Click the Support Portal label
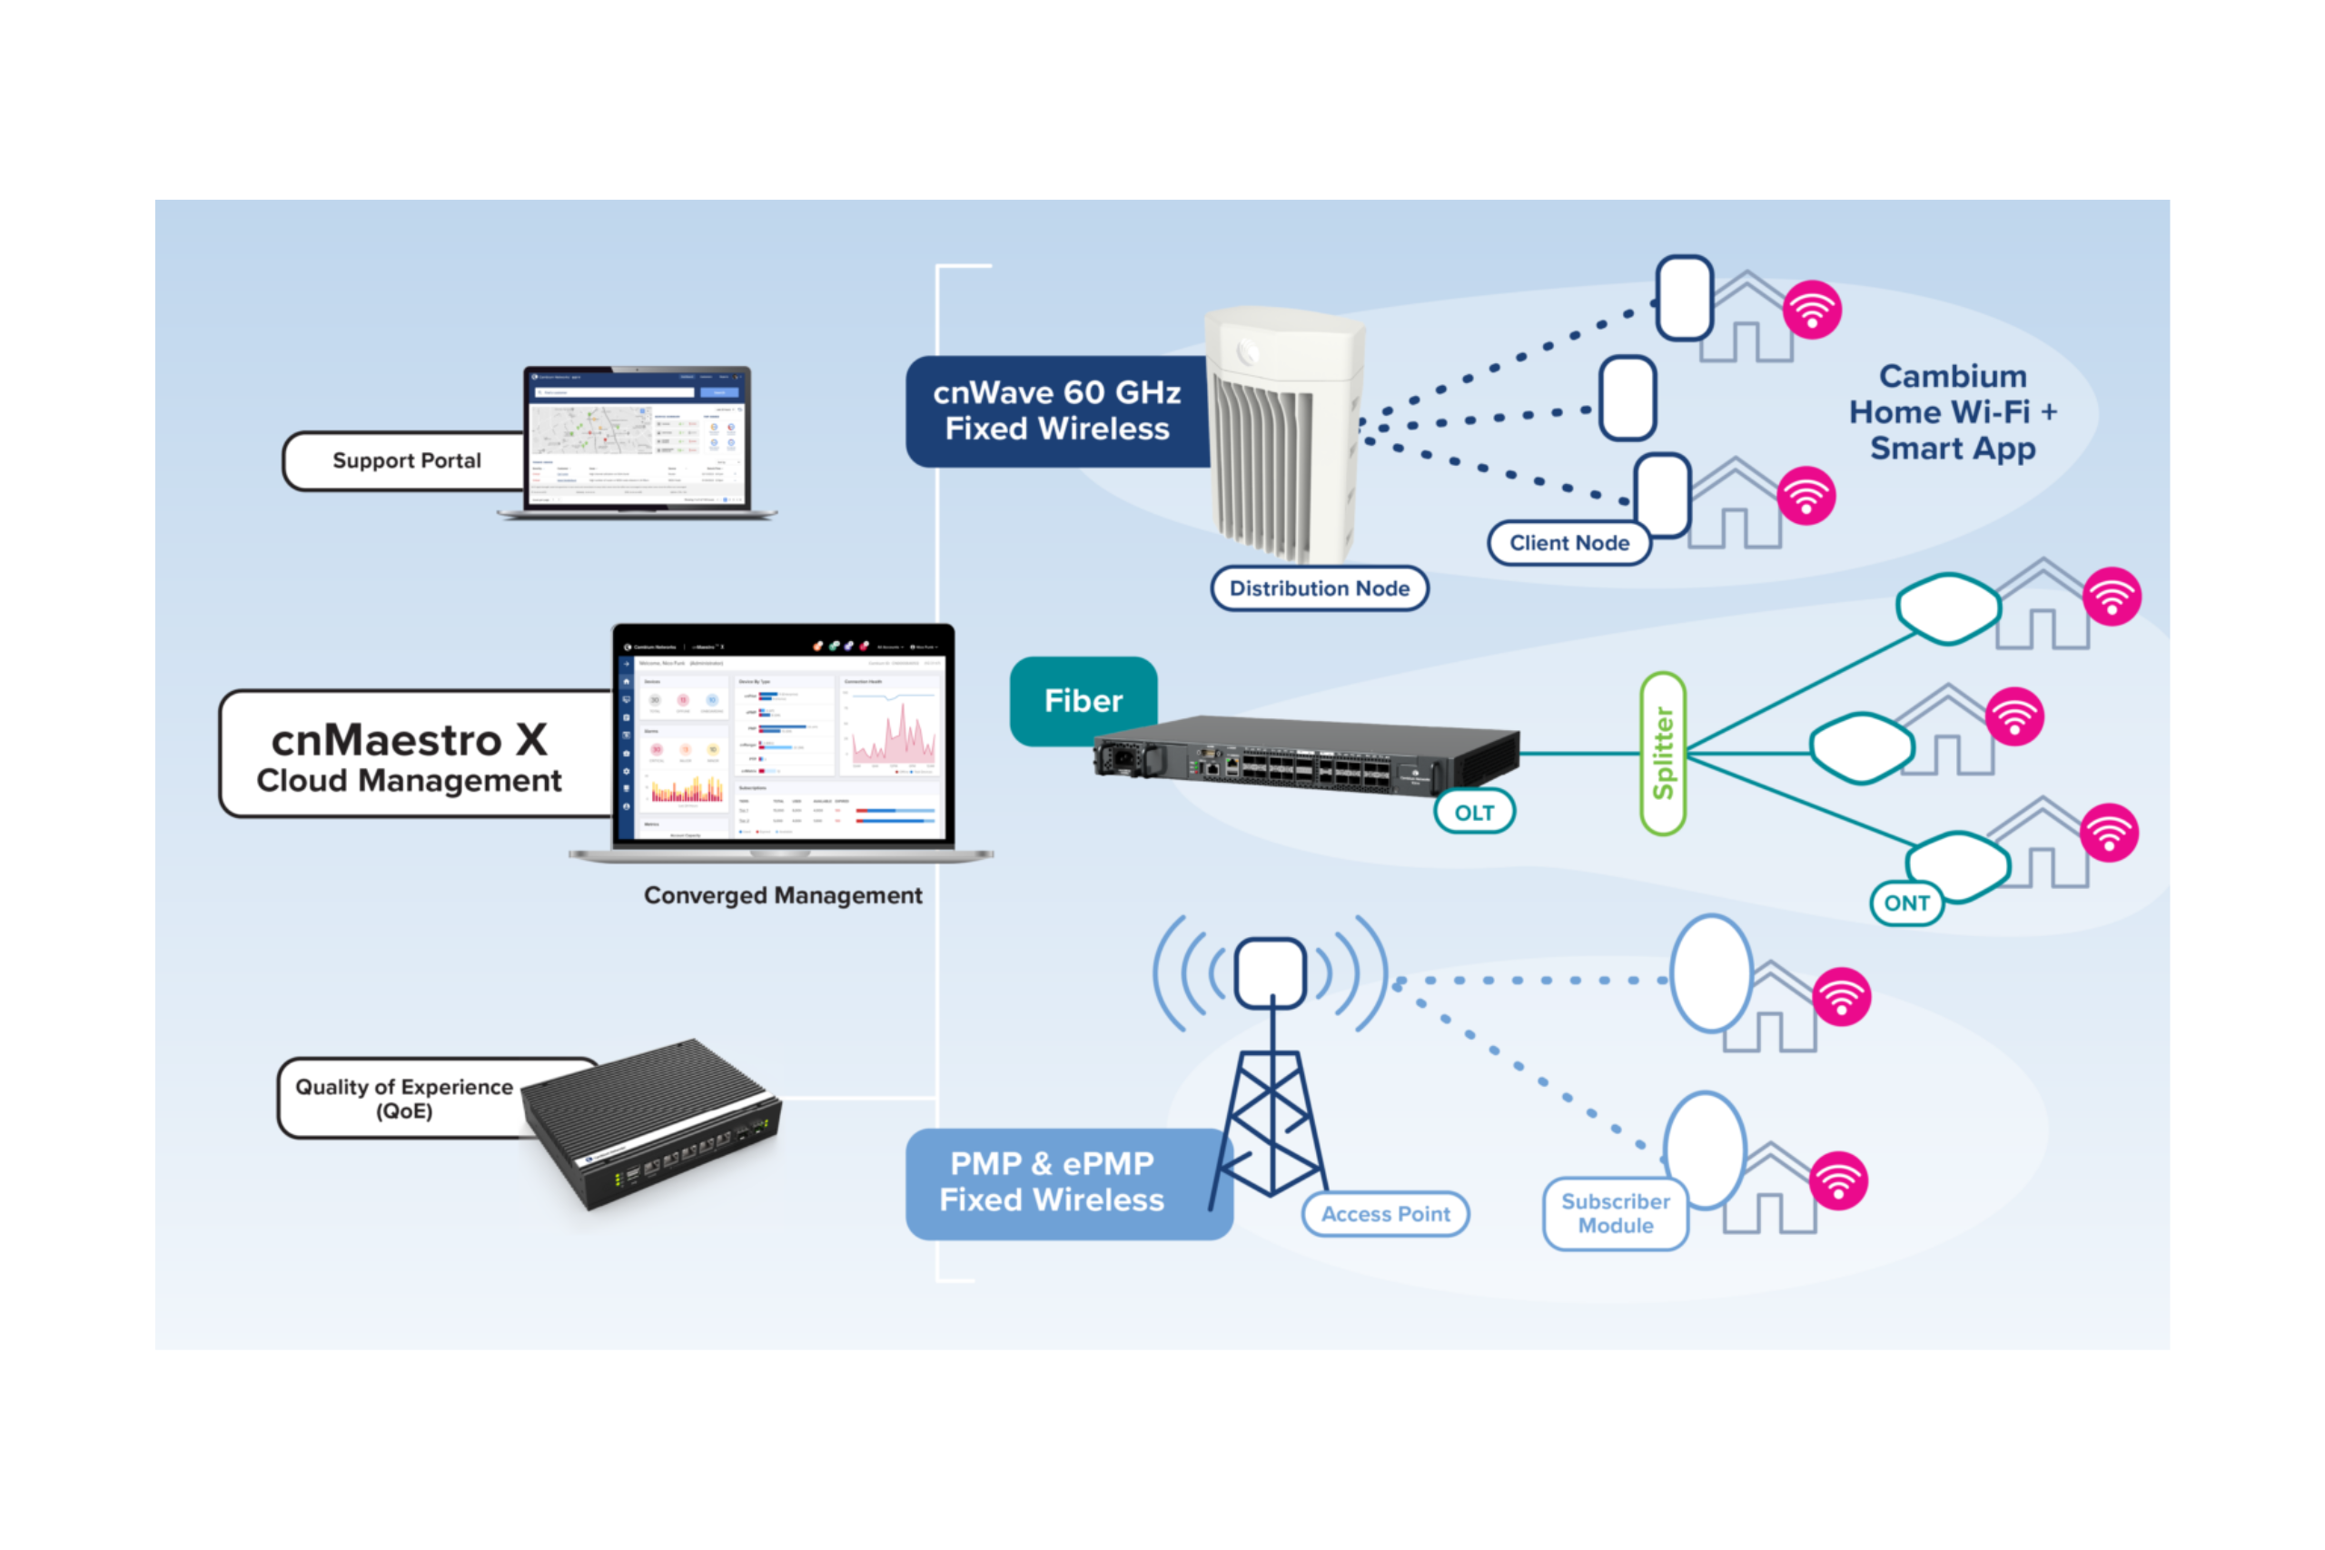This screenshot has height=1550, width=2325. coord(406,460)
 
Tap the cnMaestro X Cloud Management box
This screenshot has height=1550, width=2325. coord(409,756)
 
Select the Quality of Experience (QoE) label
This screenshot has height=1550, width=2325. coord(403,1098)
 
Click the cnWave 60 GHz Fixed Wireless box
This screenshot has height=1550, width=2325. coord(1057,410)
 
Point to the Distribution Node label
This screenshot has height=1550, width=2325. coord(1319,588)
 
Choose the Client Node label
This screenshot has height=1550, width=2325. coord(1568,543)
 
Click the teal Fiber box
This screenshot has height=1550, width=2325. coord(1083,701)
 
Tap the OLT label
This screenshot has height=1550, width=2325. coord(1474,813)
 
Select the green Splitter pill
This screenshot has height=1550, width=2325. coord(1663,754)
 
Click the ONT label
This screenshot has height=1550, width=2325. coord(1906,903)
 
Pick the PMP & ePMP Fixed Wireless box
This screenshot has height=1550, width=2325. coord(1052,1182)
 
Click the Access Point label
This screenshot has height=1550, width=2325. coord(1385,1214)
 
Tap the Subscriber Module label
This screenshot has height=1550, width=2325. coord(1616,1214)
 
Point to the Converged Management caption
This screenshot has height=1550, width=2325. coord(783,895)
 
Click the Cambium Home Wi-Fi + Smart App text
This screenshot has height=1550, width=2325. coord(1953,412)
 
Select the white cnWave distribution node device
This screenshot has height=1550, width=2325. coord(1285,435)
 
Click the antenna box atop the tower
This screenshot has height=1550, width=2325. coord(1271,972)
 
